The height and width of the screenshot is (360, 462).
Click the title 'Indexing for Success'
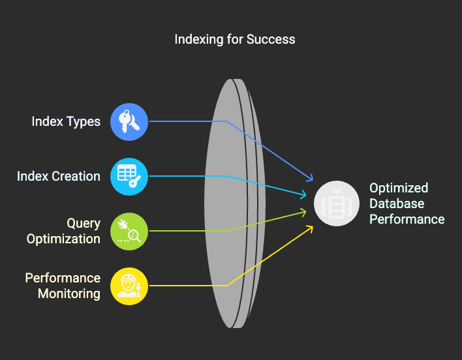235,39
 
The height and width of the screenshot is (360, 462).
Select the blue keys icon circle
129,121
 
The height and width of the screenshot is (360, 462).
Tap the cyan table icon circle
129,176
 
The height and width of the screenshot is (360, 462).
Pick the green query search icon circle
129,231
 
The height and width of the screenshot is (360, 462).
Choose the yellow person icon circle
129,286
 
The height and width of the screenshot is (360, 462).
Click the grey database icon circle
337,203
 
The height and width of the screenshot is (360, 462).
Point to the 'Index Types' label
66,122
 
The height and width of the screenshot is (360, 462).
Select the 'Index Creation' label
59,176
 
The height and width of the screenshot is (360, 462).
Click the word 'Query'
84,224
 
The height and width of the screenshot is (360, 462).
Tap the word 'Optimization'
64,239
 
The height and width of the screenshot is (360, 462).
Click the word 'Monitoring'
69,293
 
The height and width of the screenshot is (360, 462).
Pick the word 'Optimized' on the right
399,188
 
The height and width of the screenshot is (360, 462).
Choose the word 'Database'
397,203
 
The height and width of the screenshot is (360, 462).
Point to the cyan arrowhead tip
307,195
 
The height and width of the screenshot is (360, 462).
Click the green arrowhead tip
307,212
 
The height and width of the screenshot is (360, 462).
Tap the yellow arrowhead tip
313,226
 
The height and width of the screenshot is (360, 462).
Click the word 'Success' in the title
271,39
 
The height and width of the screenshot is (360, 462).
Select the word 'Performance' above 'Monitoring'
63,278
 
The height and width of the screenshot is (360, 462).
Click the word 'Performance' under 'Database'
407,219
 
